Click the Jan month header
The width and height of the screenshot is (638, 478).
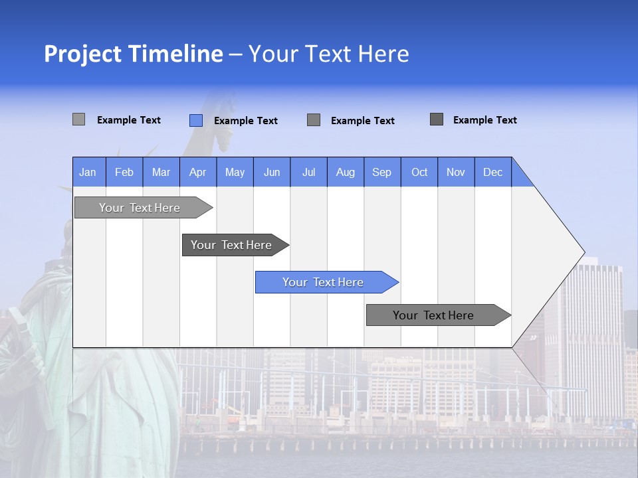[x=88, y=172]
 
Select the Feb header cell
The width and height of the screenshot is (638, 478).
[x=124, y=172]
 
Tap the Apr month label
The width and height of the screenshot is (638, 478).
[x=197, y=172]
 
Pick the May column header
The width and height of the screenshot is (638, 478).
[x=235, y=172]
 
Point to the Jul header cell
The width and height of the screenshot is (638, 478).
[x=308, y=172]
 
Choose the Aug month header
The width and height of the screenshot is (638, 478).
[x=346, y=172]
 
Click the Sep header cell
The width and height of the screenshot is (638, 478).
[x=382, y=172]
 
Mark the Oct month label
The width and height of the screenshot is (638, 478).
[x=419, y=172]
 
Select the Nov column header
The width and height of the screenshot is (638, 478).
[x=456, y=172]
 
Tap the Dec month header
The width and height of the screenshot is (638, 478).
[x=493, y=172]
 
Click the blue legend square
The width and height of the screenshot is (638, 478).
[x=196, y=120]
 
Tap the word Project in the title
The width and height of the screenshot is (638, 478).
[x=82, y=54]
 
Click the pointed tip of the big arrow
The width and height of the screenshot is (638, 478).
[x=582, y=253]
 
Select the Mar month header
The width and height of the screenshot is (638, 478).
[x=161, y=172]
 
